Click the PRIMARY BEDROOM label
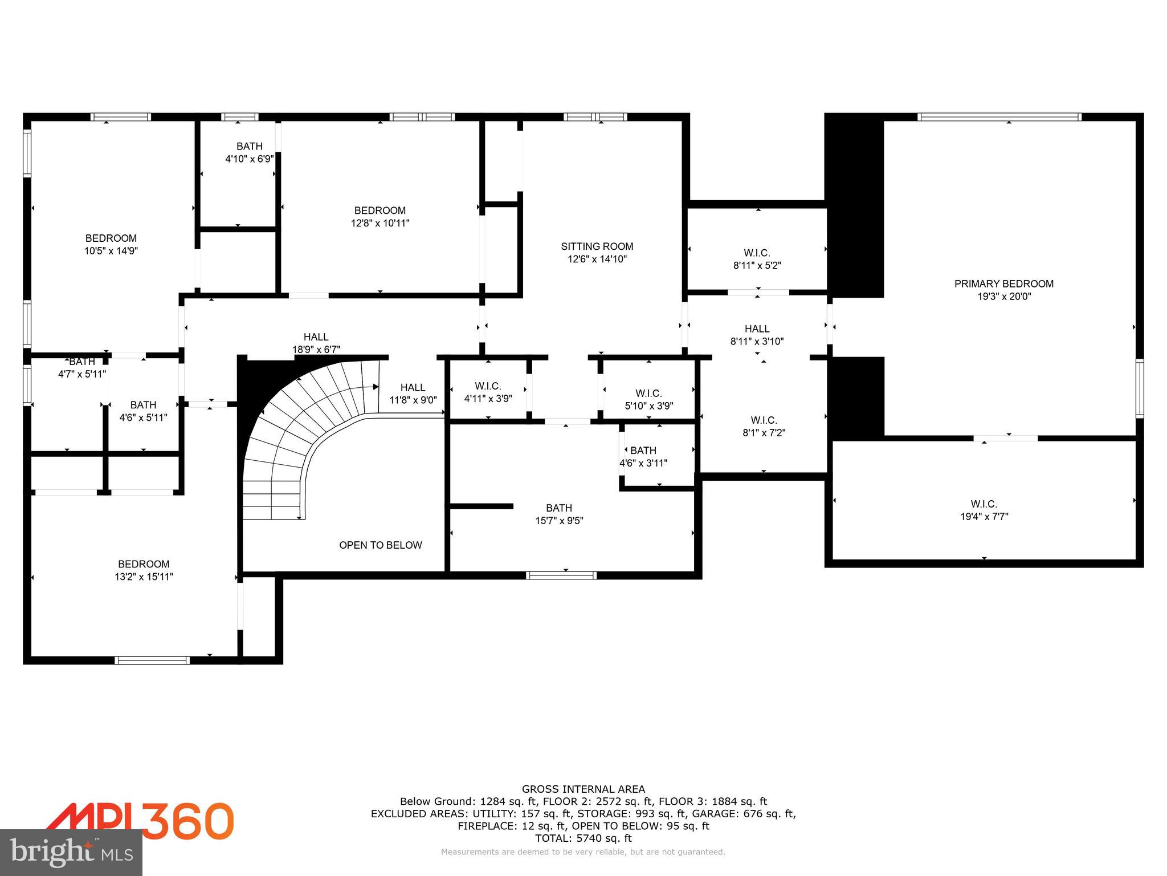pyautogui.click(x=1003, y=283)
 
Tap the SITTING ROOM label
pyautogui.click(x=597, y=246)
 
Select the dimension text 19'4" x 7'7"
pyautogui.click(x=984, y=517)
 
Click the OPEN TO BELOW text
pyautogui.click(x=380, y=545)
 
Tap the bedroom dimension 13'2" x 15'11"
pyautogui.click(x=144, y=577)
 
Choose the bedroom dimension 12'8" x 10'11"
pyautogui.click(x=380, y=223)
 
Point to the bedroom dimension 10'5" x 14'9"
pyautogui.click(x=111, y=250)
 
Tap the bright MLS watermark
pyautogui.click(x=71, y=853)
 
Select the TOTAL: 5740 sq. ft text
pyautogui.click(x=583, y=838)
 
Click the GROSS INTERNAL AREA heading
pyautogui.click(x=583, y=789)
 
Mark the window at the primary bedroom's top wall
pyautogui.click(x=999, y=117)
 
